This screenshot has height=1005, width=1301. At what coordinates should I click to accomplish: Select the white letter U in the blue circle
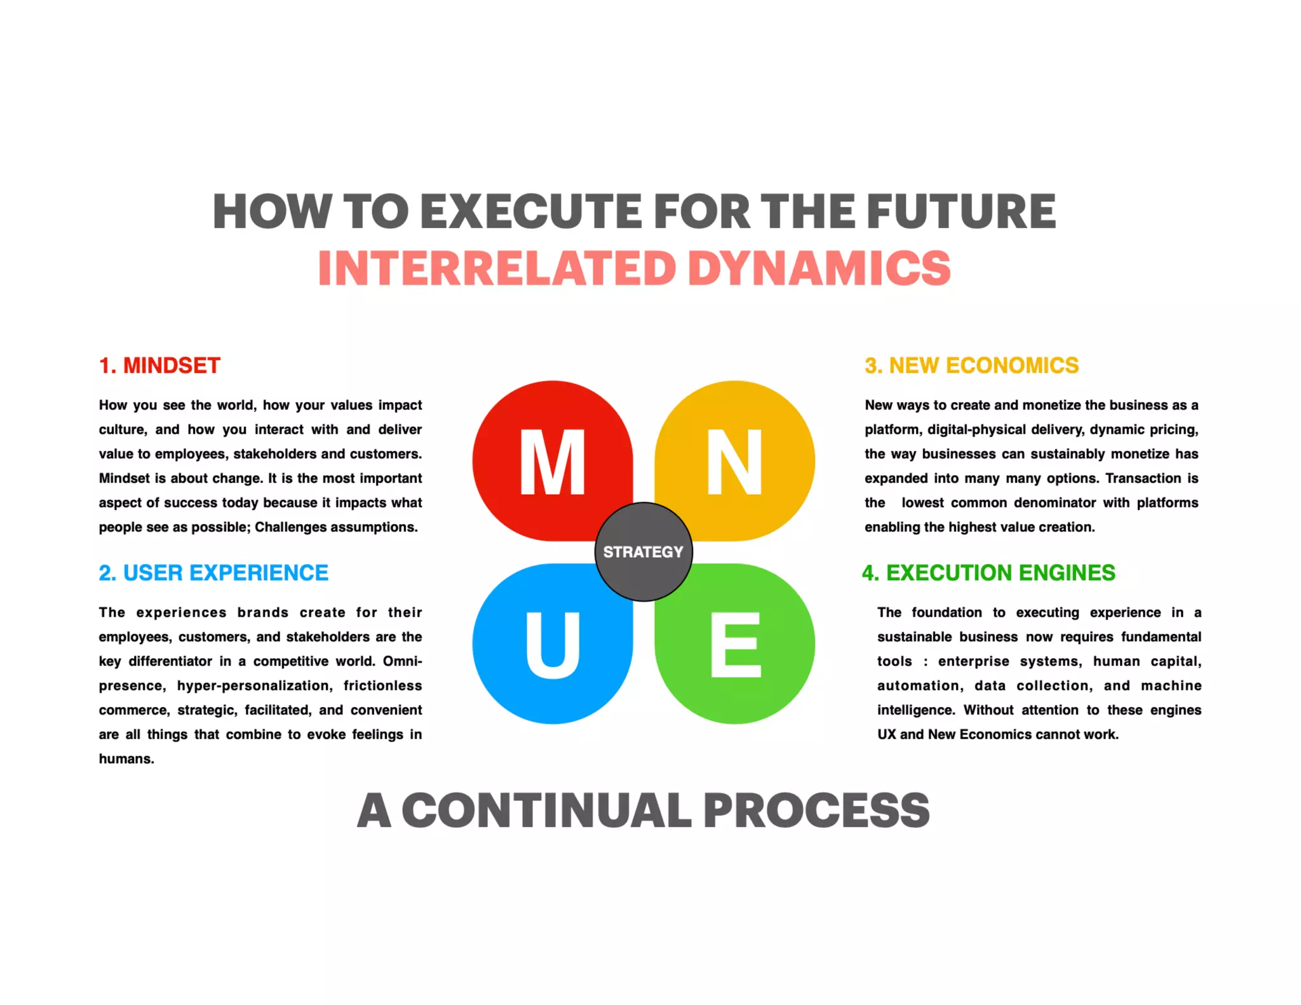pyautogui.click(x=552, y=644)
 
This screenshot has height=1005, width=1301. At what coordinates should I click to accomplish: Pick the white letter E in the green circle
pyautogui.click(x=735, y=644)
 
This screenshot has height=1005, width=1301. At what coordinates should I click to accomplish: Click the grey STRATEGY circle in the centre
pyautogui.click(x=643, y=551)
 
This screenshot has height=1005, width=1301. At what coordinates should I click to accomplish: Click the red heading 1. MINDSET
pyautogui.click(x=159, y=365)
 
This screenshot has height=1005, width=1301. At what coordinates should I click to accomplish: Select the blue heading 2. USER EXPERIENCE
pyautogui.click(x=213, y=572)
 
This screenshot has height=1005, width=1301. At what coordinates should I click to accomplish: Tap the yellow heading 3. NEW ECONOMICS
pyautogui.click(x=971, y=365)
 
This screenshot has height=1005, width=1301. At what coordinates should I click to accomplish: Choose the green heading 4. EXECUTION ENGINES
pyautogui.click(x=988, y=572)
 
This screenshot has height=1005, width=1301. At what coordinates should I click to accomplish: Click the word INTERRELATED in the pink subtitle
pyautogui.click(x=497, y=268)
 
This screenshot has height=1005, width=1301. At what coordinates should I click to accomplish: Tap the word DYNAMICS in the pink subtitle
pyautogui.click(x=819, y=268)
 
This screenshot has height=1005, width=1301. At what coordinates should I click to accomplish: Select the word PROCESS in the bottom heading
pyautogui.click(x=816, y=811)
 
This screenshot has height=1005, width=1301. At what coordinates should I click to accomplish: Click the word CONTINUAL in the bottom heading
pyautogui.click(x=546, y=811)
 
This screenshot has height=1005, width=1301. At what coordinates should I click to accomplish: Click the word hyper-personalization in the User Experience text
pyautogui.click(x=254, y=685)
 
